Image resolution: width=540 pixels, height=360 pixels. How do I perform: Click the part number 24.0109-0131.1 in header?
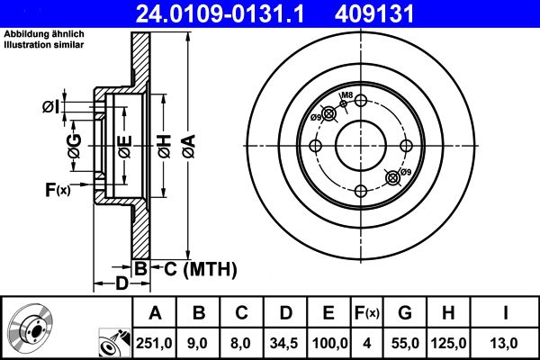click(231, 13)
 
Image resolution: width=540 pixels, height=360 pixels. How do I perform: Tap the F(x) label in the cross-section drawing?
click(57, 189)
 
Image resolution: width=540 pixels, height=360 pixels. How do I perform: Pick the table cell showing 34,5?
click(285, 342)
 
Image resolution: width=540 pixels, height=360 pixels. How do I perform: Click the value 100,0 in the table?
click(329, 342)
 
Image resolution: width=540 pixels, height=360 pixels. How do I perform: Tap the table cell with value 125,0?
click(450, 342)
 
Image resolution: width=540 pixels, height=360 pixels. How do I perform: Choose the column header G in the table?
click(406, 313)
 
